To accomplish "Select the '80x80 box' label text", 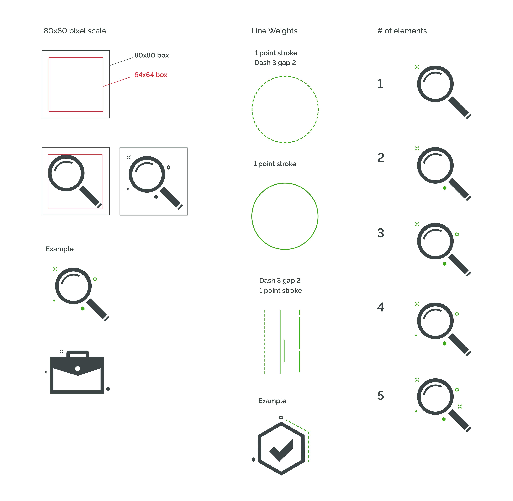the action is [151, 55].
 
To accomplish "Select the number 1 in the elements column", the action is [380, 84].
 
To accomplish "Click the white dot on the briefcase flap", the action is [78, 368].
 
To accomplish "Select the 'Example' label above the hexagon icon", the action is [272, 401].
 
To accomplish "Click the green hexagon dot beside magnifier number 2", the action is [445, 188].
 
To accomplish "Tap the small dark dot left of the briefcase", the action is [46, 372].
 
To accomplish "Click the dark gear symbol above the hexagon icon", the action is [281, 418].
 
